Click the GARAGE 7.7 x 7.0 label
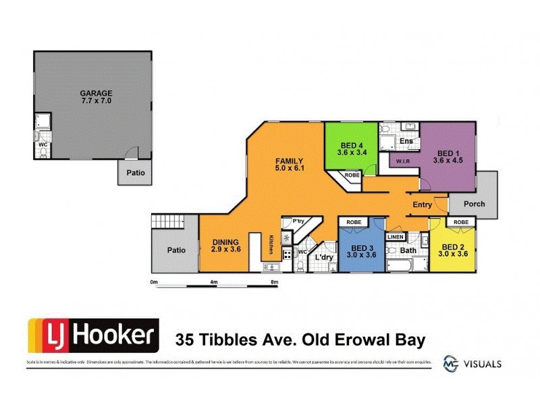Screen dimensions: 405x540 [96, 97]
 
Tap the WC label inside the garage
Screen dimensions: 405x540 [41, 144]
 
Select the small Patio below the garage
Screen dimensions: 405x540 [132, 173]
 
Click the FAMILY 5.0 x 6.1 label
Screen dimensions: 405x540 [290, 165]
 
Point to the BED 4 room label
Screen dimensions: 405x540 [351, 148]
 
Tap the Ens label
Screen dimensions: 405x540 [406, 140]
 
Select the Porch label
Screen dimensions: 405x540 [473, 204]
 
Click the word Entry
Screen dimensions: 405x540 [423, 204]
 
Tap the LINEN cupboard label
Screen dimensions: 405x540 [396, 237]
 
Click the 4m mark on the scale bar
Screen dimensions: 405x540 [213, 281]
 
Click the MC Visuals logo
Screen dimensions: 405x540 [472, 362]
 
